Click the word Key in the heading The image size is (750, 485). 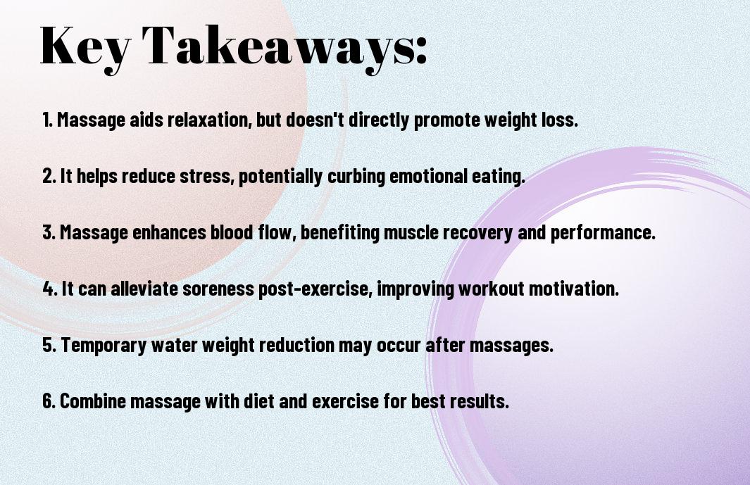[x=85, y=47]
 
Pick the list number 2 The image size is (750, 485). [x=49, y=176]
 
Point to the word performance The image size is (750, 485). [x=603, y=232]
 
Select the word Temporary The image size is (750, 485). [x=104, y=345]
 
